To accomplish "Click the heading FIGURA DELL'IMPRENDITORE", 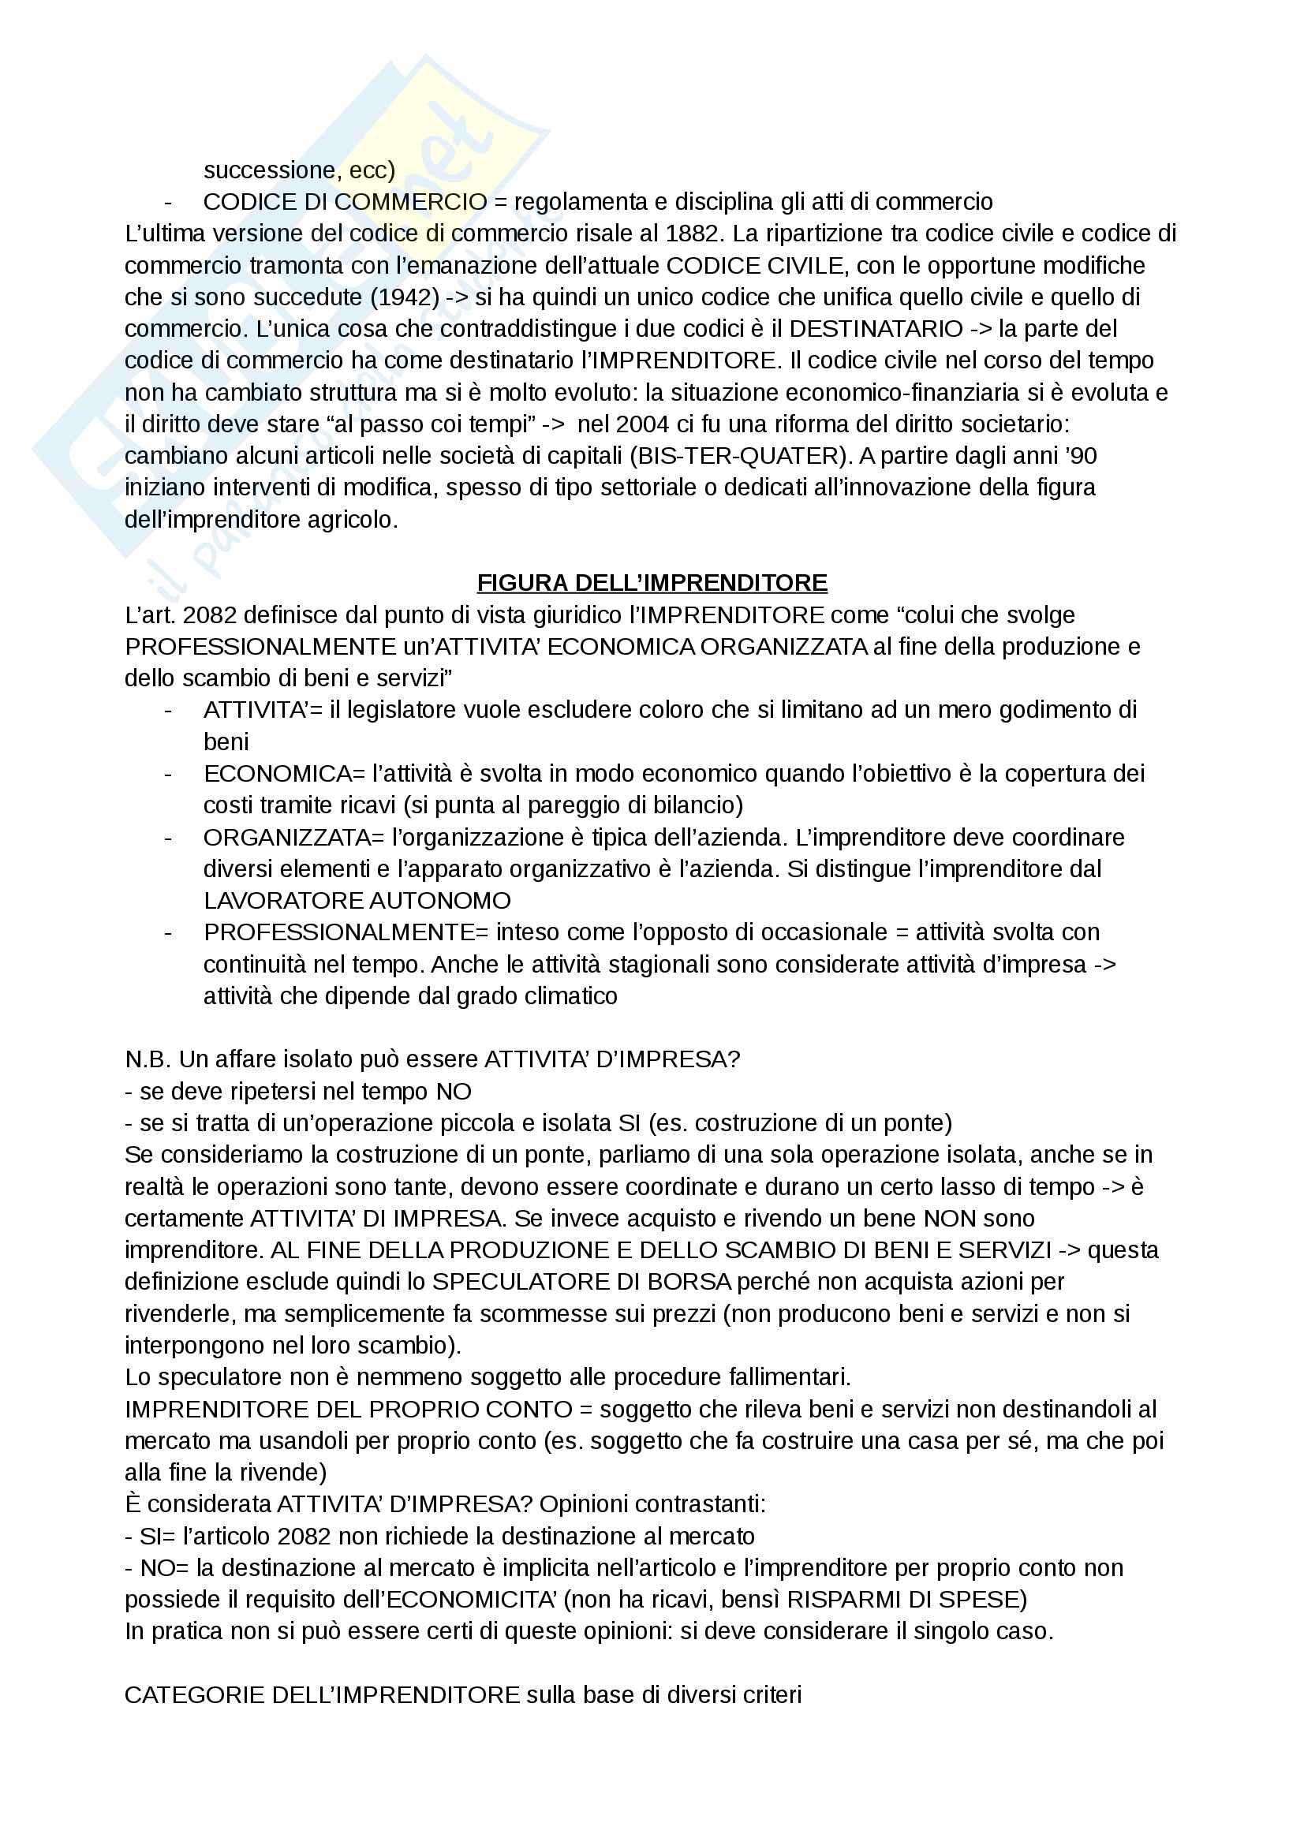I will pos(652,583).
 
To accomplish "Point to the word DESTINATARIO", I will pos(876,329).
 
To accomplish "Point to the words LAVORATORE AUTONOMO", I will pos(357,900).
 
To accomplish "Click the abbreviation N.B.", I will pos(148,1059).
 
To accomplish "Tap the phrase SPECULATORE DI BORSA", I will pos(581,1282).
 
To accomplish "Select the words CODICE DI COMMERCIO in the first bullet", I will pos(346,202).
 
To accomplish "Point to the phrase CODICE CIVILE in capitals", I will pos(754,265).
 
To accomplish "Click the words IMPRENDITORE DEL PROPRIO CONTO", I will pos(349,1410).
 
